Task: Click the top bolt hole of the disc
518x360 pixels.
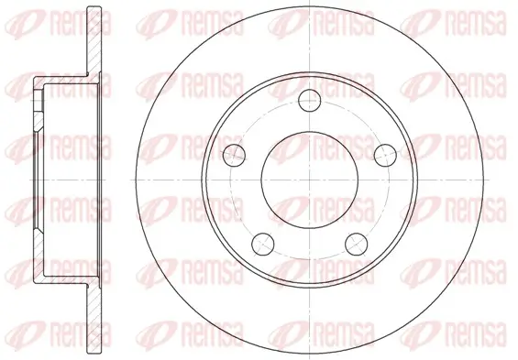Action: (x=310, y=100)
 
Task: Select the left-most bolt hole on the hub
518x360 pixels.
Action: (x=234, y=155)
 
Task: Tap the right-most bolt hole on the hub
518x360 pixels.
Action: (x=385, y=155)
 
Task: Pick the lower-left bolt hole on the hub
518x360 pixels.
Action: (x=263, y=244)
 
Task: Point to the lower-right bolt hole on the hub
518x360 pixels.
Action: (x=357, y=244)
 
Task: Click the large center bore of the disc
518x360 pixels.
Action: (x=310, y=180)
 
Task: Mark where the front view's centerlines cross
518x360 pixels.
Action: (x=310, y=180)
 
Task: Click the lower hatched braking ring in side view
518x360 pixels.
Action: (x=94, y=319)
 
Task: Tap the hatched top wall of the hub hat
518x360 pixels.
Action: (x=66, y=81)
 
